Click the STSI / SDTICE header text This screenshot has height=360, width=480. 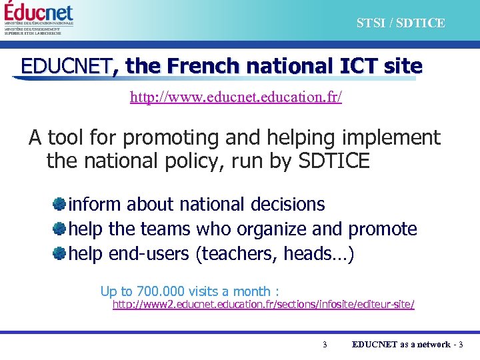point(400,23)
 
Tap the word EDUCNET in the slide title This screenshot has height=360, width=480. point(66,67)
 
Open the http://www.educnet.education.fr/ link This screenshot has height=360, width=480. point(236,97)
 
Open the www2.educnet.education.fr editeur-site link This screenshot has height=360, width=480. point(263,305)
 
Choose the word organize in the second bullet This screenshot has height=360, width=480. point(271,229)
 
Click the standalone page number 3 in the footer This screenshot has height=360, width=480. point(324,345)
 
